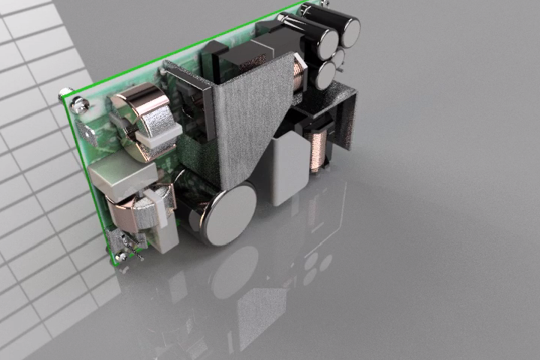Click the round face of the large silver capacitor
230,214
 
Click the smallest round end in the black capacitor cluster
338,57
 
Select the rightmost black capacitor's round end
349,31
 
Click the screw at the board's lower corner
121,259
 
